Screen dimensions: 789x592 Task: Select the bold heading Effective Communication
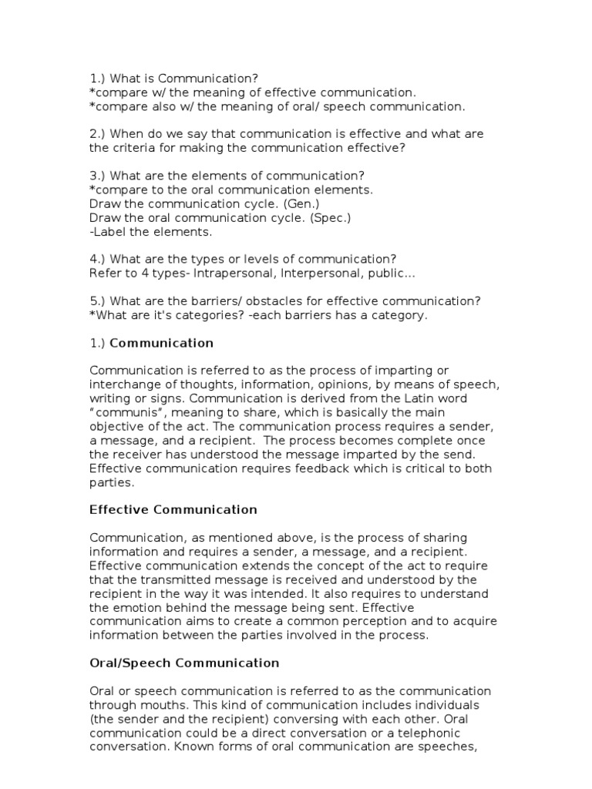tap(173, 509)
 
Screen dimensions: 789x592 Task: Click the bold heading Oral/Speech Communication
tap(184, 663)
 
